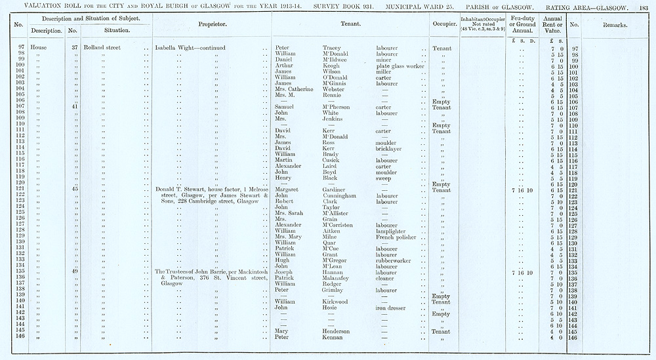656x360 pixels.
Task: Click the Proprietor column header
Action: point(212,24)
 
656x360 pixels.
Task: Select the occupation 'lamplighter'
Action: point(391,231)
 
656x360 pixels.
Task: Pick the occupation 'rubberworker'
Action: point(394,260)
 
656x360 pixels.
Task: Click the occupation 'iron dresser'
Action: point(392,308)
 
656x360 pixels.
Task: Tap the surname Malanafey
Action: point(341,278)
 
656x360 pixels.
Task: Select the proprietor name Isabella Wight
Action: point(174,49)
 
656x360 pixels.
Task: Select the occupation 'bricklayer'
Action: point(390,149)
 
